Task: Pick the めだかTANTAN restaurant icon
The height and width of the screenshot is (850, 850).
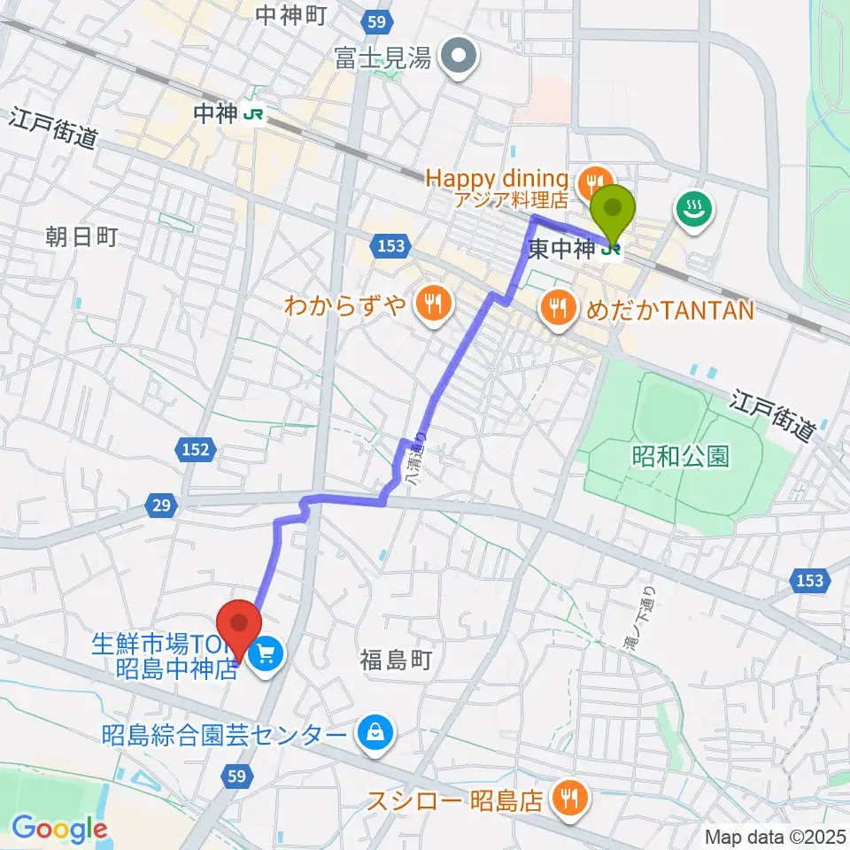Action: [x=558, y=308]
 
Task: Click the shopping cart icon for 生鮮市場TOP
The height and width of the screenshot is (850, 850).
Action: [x=265, y=656]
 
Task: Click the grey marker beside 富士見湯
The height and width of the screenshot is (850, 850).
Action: [x=460, y=58]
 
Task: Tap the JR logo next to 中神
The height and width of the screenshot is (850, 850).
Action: [x=255, y=113]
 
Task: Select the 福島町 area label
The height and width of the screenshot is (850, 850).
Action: [x=395, y=660]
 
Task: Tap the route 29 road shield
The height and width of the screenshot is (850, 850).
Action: [x=160, y=505]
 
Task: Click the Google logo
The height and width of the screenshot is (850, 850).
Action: [x=58, y=829]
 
